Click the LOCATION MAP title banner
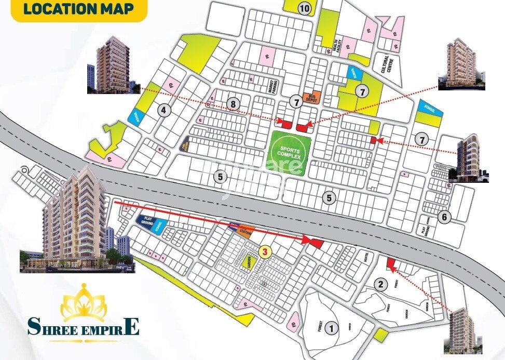click(78, 9)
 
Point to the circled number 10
click(304, 8)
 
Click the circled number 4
click(164, 110)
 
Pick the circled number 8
click(234, 104)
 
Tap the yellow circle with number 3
click(265, 252)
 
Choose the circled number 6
click(443, 217)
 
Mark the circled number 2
click(381, 284)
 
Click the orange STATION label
click(246, 232)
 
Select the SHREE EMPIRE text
click(84, 327)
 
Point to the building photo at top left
click(114, 64)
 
